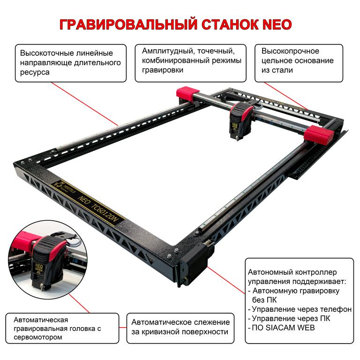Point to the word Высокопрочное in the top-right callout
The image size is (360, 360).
point(290,51)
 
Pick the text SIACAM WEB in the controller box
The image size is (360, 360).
point(289,328)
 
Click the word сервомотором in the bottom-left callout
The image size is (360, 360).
point(38,337)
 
